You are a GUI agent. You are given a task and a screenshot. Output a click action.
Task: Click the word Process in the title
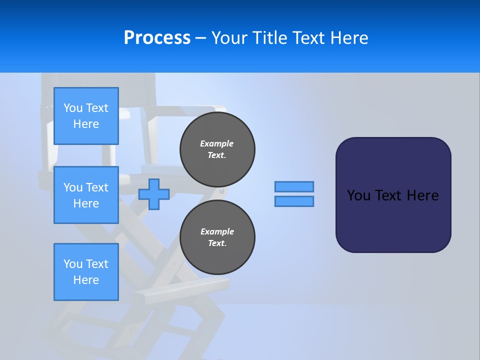click(157, 38)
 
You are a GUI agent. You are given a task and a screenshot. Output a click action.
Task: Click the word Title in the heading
click(269, 38)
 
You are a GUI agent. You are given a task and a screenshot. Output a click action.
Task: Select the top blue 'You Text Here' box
click(86, 116)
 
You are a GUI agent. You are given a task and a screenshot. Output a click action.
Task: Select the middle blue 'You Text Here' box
click(86, 195)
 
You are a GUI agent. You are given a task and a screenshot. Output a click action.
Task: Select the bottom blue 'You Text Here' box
click(86, 272)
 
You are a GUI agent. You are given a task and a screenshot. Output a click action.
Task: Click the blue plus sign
click(154, 194)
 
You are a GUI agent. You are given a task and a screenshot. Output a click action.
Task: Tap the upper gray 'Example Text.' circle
click(217, 149)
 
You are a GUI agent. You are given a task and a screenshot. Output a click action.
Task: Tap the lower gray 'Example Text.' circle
click(217, 237)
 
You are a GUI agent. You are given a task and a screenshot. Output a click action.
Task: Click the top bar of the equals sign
click(294, 186)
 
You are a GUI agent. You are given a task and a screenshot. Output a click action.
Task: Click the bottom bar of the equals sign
click(294, 201)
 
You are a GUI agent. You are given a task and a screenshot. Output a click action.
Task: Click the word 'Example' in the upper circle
click(217, 144)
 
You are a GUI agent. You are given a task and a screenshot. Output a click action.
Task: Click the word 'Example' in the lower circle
click(217, 232)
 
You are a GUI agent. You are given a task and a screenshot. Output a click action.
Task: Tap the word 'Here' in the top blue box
click(86, 124)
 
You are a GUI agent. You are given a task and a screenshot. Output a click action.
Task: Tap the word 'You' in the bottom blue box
click(73, 264)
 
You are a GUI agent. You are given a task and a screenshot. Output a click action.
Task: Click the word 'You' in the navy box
click(358, 195)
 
